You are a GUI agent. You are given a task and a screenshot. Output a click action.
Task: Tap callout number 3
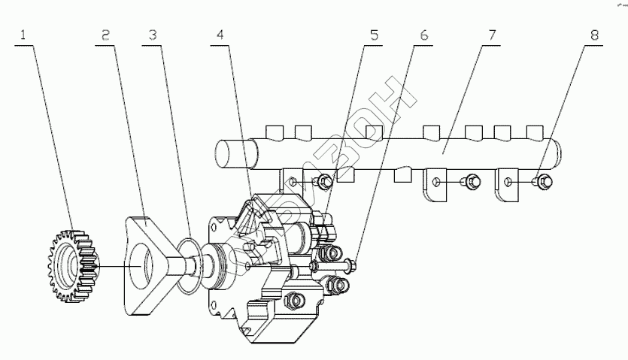click(153, 35)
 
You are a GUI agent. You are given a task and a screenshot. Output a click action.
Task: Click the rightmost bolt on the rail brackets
click(543, 180)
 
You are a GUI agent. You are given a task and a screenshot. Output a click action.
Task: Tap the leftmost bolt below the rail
click(324, 181)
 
